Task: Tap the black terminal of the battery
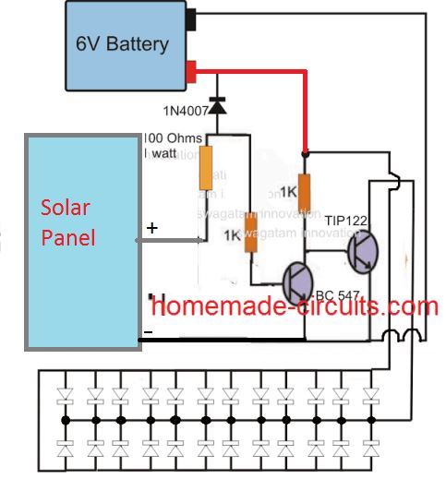click(x=192, y=17)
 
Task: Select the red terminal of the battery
click(x=192, y=69)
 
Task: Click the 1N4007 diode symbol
click(x=219, y=107)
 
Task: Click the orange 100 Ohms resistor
click(x=208, y=163)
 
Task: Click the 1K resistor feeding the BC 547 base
click(x=248, y=232)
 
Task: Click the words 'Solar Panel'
click(x=70, y=222)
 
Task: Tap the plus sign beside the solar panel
click(x=151, y=227)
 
